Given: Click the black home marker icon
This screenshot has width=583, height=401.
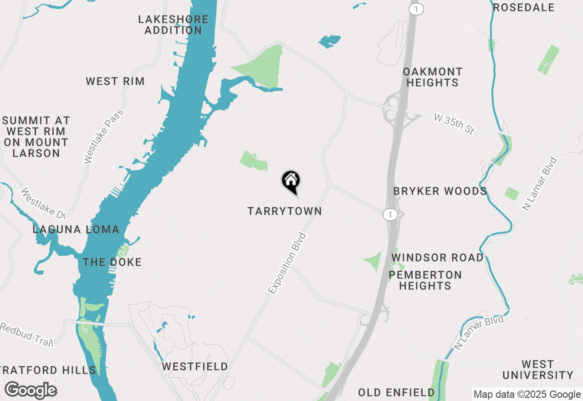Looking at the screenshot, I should click(291, 181).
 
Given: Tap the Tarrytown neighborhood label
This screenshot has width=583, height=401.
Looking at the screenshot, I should click(285, 211).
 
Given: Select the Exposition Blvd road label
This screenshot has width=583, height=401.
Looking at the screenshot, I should click(287, 263).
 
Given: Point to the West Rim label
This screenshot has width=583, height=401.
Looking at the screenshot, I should click(115, 82).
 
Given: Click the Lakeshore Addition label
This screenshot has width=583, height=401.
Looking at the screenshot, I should click(173, 25).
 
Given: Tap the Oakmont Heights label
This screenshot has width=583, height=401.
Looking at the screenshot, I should click(432, 77).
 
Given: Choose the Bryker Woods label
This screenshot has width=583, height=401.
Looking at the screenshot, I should click(440, 191).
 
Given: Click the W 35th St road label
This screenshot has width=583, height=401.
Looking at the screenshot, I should click(454, 124).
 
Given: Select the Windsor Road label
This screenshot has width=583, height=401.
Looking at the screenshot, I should click(438, 257).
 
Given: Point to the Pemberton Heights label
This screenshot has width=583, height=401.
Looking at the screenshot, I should click(425, 280).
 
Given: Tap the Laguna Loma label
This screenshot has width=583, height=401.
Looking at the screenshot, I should click(76, 229).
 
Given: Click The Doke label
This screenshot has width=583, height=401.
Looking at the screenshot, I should click(112, 262).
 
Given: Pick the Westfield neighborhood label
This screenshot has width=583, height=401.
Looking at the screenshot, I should click(195, 366).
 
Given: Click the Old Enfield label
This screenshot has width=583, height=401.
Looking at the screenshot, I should click(396, 392).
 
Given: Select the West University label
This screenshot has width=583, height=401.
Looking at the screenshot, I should click(537, 370).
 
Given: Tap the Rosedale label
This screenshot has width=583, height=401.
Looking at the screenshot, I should click(524, 7).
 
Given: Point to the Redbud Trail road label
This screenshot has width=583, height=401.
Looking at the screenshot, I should click(27, 335).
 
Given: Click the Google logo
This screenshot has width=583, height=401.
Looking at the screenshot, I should click(31, 390).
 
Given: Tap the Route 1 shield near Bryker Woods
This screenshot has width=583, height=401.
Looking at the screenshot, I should click(389, 214).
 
